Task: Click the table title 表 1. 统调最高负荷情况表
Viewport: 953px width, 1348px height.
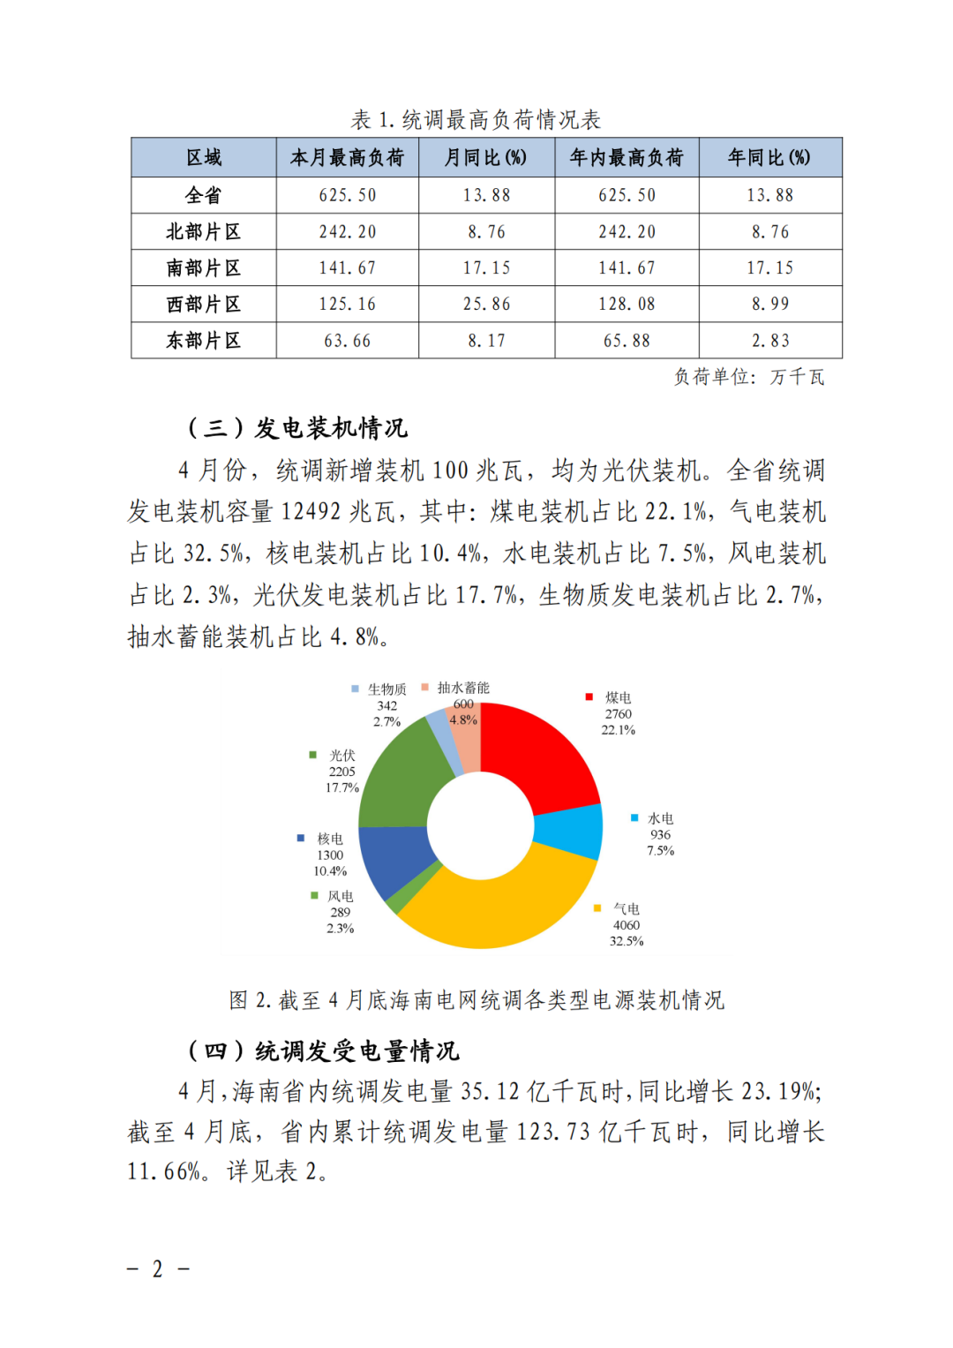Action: pyautogui.click(x=476, y=119)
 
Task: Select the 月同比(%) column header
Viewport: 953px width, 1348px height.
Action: pyautogui.click(x=485, y=158)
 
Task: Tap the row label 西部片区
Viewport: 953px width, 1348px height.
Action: pyautogui.click(x=204, y=305)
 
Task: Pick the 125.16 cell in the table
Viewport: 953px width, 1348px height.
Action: pyautogui.click(x=347, y=305)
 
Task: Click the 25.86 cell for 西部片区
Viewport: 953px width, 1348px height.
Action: pyautogui.click(x=486, y=305)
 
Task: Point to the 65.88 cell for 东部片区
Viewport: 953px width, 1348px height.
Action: pyautogui.click(x=627, y=341)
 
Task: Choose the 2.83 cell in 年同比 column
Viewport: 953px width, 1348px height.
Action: pyautogui.click(x=770, y=341)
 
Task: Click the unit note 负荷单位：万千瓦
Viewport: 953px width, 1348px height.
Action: pyautogui.click(x=749, y=377)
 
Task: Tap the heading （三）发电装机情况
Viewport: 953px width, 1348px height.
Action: pyautogui.click(x=297, y=428)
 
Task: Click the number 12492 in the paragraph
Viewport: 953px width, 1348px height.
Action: pyautogui.click(x=311, y=512)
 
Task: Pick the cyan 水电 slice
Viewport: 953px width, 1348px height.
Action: pyautogui.click(x=569, y=832)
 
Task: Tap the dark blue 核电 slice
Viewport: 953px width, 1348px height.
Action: pyautogui.click(x=393, y=856)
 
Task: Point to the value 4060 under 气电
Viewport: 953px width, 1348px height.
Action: pyautogui.click(x=627, y=925)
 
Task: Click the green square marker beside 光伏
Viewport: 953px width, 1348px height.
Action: pyautogui.click(x=312, y=755)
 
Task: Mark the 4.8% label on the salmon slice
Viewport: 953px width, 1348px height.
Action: pyautogui.click(x=463, y=719)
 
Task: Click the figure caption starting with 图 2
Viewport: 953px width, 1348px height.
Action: pyautogui.click(x=476, y=1000)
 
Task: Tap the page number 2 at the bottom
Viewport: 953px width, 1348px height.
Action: pyautogui.click(x=158, y=1269)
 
